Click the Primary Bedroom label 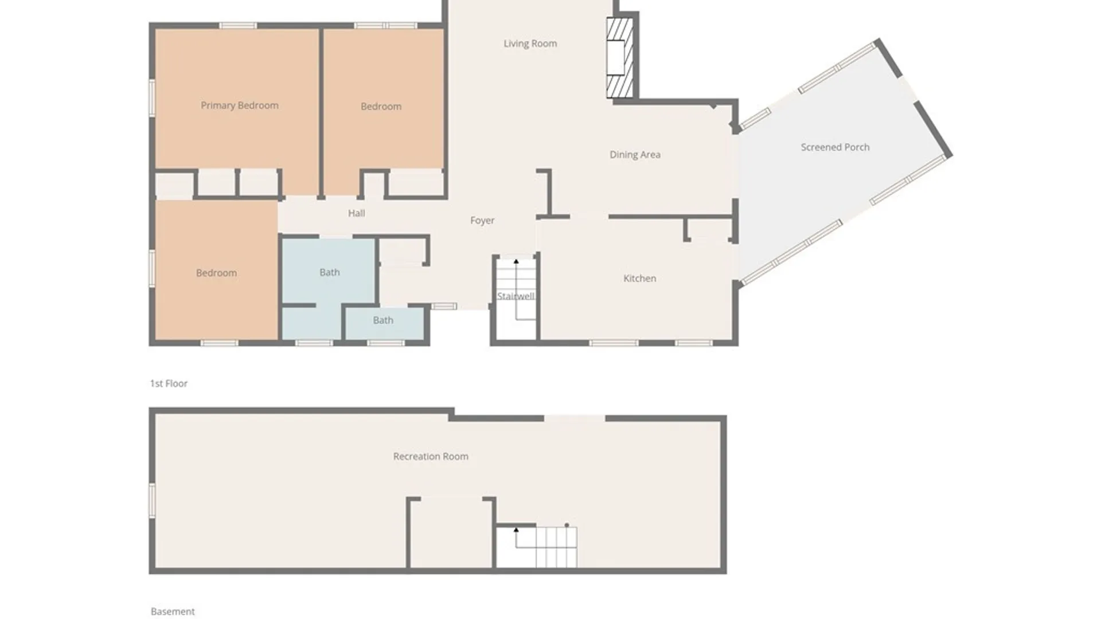pos(240,105)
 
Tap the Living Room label pos(530,44)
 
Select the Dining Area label pos(635,155)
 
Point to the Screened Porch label pos(835,147)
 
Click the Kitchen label pos(640,279)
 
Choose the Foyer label pos(482,221)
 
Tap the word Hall pos(357,213)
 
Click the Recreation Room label pos(431,457)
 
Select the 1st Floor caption pos(169,383)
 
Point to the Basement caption pos(173,612)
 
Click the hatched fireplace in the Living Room pos(620,58)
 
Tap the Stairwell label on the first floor pos(516,296)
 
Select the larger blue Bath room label pos(330,272)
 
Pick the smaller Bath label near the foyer pos(383,320)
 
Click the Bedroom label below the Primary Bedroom pos(216,273)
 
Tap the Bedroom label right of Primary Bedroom pos(381,107)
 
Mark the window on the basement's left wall pos(153,500)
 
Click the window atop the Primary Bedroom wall pos(238,26)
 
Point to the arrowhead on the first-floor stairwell pos(516,261)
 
